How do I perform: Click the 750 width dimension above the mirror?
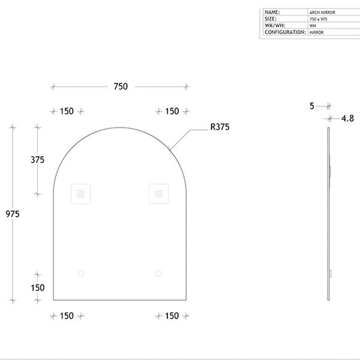tap(120, 86)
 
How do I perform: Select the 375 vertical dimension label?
tap(38, 160)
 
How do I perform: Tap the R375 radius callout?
tap(220, 127)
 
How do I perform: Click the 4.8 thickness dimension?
tap(347, 119)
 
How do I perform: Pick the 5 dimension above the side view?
tap(312, 106)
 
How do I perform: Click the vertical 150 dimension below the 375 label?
tap(38, 287)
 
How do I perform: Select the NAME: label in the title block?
tap(272, 12)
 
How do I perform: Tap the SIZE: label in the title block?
tap(271, 19)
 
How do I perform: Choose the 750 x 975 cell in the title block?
tap(319, 19)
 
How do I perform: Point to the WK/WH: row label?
tap(274, 26)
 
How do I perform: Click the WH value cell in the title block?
tap(313, 26)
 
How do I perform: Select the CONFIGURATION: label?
tap(284, 32)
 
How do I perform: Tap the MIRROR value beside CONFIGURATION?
tap(317, 32)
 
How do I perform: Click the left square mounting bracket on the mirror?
tap(81, 193)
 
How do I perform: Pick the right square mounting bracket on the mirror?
tap(158, 193)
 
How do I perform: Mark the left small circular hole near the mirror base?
tap(81, 274)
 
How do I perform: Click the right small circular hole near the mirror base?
tap(158, 274)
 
